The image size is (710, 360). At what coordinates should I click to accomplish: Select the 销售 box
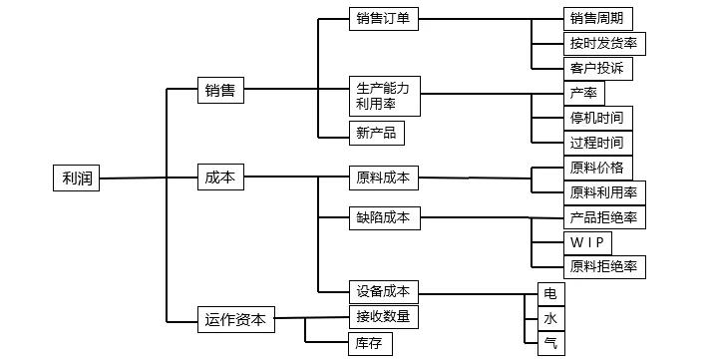coord(220,90)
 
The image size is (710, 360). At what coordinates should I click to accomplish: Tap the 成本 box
coord(220,178)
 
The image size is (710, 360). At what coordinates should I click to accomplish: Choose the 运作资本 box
coord(235,319)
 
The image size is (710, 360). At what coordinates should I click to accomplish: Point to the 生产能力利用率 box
coord(384,96)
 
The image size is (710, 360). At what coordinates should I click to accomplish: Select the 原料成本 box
coord(384,179)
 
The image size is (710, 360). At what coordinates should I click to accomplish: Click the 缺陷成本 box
coord(384,217)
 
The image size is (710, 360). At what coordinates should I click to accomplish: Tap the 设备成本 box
coord(384,292)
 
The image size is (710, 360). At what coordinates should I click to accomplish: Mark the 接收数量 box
coord(384,318)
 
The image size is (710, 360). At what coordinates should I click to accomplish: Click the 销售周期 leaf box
coord(597,19)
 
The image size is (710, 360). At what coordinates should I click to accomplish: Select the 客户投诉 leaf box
coord(597,69)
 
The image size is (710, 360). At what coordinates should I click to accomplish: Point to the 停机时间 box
coord(597,119)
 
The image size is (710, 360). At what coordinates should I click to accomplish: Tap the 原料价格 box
coord(597,167)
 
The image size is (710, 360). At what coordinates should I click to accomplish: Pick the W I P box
coord(587,242)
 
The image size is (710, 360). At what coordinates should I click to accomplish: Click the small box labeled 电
coord(550,293)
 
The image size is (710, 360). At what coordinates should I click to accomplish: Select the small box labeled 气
coord(550,344)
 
